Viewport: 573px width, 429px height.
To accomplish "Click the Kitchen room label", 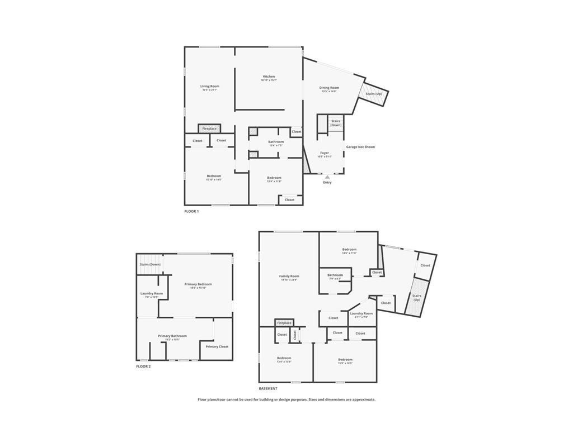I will (269, 77).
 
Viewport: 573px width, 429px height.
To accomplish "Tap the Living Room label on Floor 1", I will (210, 87).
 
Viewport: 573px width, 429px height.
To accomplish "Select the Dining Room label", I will (329, 88).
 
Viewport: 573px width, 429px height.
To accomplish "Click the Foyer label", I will (325, 153).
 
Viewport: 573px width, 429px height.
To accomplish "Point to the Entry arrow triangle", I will (327, 177).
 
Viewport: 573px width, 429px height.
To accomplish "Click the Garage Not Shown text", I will (360, 147).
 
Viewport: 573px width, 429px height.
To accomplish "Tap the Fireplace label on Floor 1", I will (209, 129).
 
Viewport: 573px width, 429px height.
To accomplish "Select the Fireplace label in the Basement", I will (284, 323).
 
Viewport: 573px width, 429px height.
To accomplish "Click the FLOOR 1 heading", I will (191, 212).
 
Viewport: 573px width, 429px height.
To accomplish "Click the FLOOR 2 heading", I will (143, 366).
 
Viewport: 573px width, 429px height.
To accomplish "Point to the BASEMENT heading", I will (268, 388).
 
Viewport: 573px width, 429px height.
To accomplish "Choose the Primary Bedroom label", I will (198, 284).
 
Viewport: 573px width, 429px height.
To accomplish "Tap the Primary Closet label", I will (217, 347).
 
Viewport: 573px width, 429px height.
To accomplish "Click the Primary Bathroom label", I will (172, 336).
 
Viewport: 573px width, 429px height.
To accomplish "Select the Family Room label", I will (289, 276).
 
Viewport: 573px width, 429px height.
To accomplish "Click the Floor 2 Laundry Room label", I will (152, 293).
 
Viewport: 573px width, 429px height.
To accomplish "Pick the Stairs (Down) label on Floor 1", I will (336, 123).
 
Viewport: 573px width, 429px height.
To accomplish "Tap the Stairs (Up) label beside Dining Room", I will (374, 94).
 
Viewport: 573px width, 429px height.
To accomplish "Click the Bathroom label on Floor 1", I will (276, 142).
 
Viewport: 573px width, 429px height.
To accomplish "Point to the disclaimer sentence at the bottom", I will (286, 399).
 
